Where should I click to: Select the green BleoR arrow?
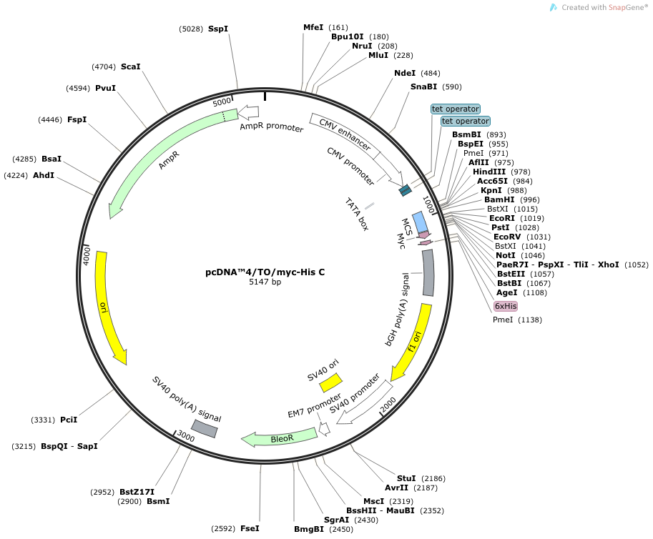coord(280,438)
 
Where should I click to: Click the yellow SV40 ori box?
coord(330,382)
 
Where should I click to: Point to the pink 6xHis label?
coord(506,306)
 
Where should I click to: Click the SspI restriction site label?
coord(218,29)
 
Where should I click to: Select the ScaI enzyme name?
coord(130,66)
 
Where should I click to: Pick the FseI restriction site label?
coord(250,528)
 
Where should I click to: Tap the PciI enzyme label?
coord(69,420)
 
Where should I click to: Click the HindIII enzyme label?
coord(489,172)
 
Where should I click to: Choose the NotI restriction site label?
coord(506,255)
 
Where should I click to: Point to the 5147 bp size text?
coord(265,282)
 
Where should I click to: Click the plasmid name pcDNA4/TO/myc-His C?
coord(265,272)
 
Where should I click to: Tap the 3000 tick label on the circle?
coord(186,436)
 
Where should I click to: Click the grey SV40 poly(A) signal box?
coord(205,429)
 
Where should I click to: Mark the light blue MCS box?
coord(420,222)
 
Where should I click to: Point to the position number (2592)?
coord(223,528)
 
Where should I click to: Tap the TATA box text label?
coord(356,214)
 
